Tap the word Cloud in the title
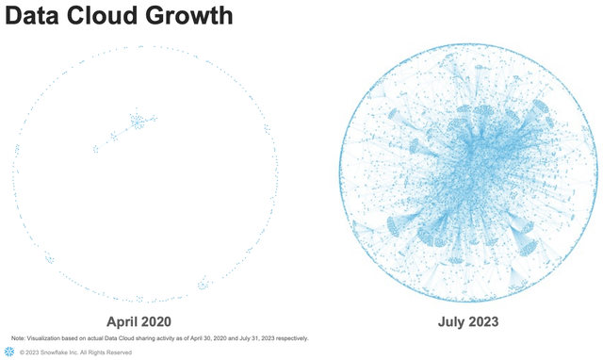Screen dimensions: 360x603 [x=111, y=17]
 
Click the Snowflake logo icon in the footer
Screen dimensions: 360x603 [x=8, y=352]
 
